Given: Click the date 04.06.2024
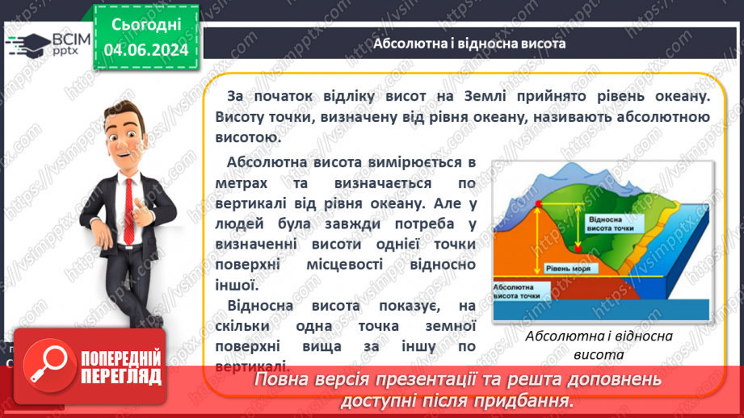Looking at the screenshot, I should pos(146,50).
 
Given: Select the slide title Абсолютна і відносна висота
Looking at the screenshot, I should pos(469,43).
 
